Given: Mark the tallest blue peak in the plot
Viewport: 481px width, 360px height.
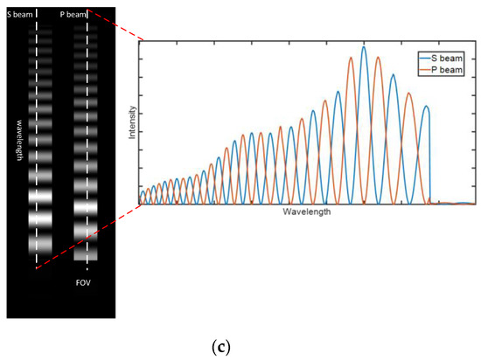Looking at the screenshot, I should (364, 47).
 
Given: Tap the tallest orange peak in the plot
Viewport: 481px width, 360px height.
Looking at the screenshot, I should (378, 58).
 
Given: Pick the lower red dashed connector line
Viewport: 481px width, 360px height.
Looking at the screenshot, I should (87, 238).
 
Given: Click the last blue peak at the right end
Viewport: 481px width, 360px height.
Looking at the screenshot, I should (427, 107).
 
